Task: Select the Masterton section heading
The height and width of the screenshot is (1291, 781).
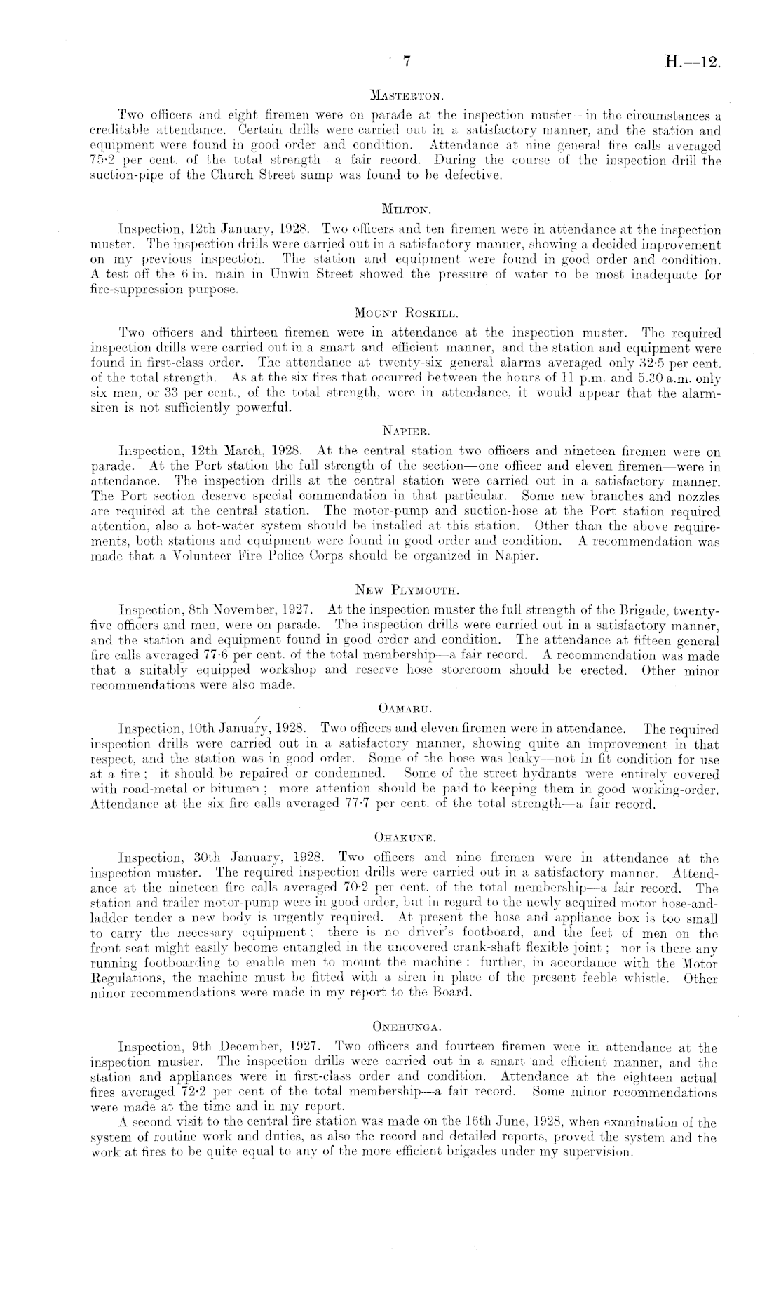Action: coord(407,93)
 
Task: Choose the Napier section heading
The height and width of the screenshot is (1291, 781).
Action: coord(406,431)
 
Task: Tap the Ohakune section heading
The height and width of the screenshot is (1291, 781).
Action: coord(407,837)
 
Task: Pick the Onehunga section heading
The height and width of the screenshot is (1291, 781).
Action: coord(407,1028)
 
